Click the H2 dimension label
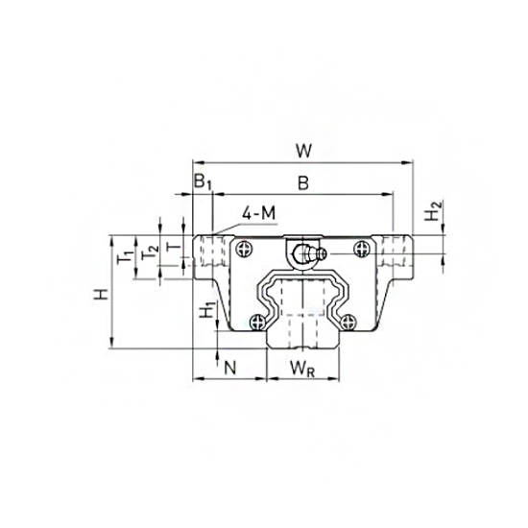pyautogui.click(x=434, y=212)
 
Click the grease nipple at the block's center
pyautogui.click(x=305, y=255)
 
